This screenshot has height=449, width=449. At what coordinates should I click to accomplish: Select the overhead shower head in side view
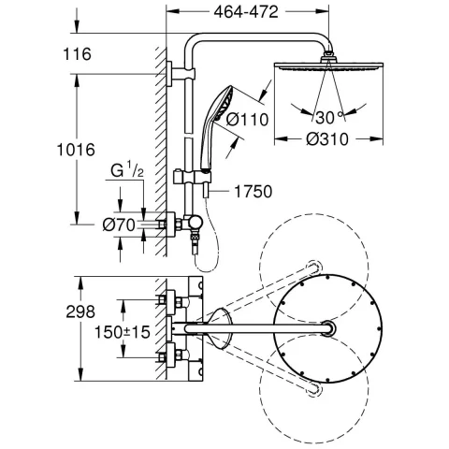(x=322, y=66)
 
